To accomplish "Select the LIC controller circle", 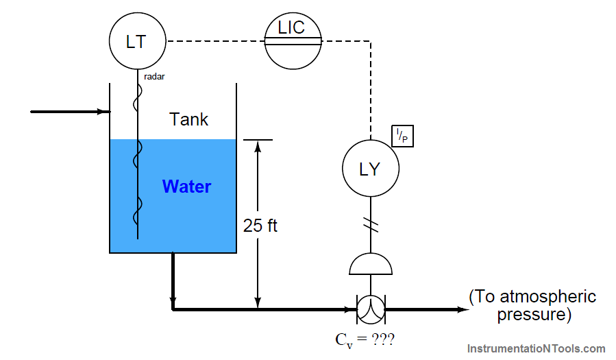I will click(293, 41).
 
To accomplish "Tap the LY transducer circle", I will click(370, 169).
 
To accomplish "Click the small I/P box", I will click(403, 137).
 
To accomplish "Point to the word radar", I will click(154, 77).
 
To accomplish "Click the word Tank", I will click(189, 119).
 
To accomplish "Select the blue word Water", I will click(186, 187).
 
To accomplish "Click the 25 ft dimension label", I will click(260, 226).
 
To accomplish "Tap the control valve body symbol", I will click(371, 309).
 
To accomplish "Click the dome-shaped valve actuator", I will click(371, 265).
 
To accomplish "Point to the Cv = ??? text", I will click(365, 339).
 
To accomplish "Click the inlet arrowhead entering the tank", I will click(104, 112).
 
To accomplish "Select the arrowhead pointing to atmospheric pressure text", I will click(463, 309).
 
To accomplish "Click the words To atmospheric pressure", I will click(532, 306).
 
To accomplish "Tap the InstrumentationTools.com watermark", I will click(536, 348).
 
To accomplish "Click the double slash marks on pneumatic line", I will click(371, 224).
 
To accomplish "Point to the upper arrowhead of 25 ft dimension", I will click(258, 146).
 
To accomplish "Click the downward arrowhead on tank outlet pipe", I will click(173, 302).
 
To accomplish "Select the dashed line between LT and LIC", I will click(215, 41).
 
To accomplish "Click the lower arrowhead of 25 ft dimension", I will click(258, 303).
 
